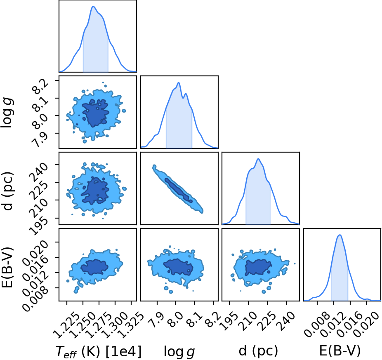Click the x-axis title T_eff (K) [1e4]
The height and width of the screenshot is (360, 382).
coord(99,351)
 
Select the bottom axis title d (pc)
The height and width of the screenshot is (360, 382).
coord(258,351)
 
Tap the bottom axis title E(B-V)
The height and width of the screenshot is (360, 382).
coord(340,351)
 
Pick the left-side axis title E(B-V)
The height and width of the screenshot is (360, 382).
coord(7,267)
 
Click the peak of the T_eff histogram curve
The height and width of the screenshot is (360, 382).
coord(93,7)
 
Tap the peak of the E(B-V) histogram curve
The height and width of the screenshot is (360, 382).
coord(340,235)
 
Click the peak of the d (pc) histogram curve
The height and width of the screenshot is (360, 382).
coord(258,159)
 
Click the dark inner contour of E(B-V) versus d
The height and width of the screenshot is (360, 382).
coord(258,267)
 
